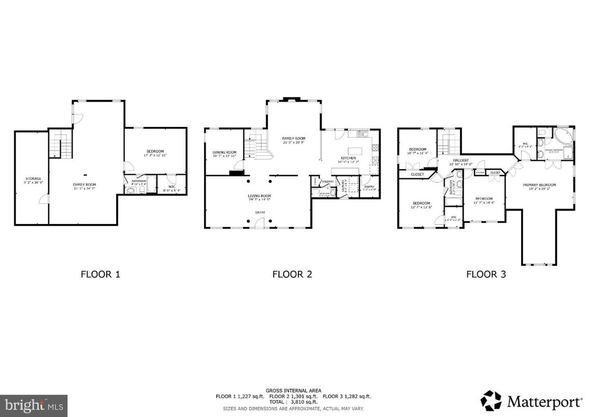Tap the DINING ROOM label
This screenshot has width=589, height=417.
(x=224, y=152)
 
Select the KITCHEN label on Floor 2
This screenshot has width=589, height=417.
(x=348, y=158)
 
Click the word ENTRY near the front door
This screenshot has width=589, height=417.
(x=260, y=212)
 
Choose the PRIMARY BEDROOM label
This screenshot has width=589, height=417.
(x=542, y=185)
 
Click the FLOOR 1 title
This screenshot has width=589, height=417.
(x=100, y=274)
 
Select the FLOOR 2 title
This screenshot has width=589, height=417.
(x=292, y=274)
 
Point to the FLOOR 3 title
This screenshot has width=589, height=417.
(x=485, y=274)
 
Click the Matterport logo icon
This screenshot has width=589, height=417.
(x=491, y=400)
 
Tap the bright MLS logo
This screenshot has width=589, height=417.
(x=34, y=402)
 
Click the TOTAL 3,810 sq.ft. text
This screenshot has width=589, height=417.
(x=293, y=401)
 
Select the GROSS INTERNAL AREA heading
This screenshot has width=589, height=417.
(x=293, y=390)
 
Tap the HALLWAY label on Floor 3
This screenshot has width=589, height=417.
(x=461, y=161)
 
